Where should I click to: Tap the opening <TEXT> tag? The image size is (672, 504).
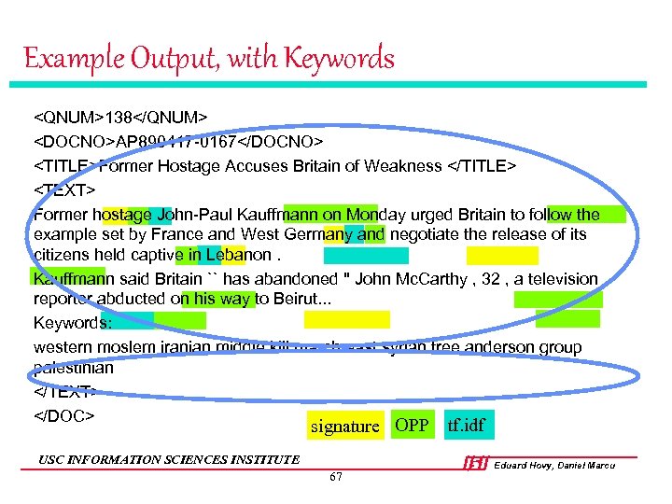[65, 190]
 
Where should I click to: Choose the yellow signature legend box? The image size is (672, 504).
[344, 427]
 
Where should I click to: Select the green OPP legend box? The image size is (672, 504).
[411, 426]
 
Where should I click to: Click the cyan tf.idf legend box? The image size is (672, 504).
[466, 427]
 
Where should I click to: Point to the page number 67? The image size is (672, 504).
[336, 477]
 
